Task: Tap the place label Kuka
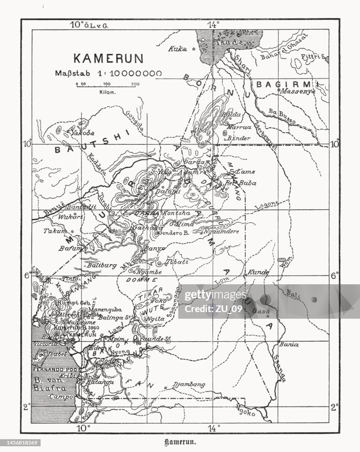177,49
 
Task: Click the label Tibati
173,262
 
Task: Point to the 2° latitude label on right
335,407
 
